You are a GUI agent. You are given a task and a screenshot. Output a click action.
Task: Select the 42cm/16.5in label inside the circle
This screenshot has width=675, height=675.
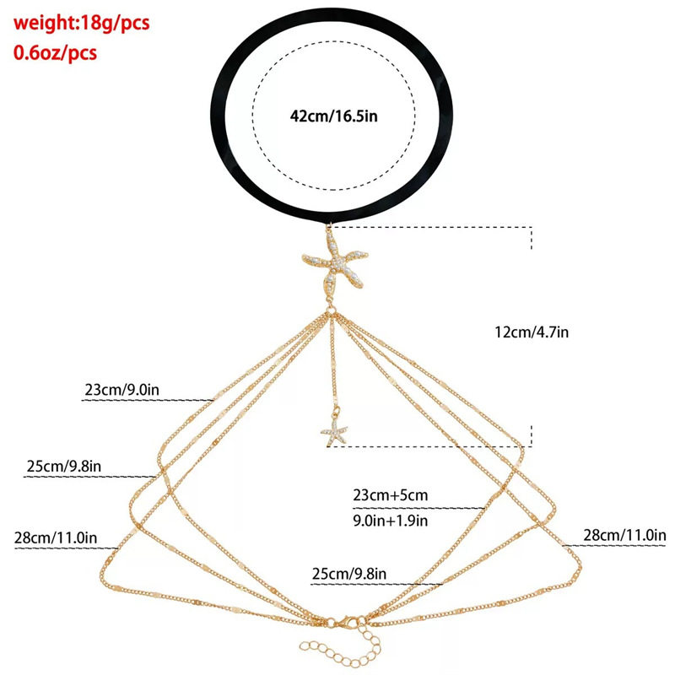click(x=333, y=116)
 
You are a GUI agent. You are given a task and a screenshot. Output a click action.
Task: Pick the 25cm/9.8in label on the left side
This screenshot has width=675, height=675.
click(x=66, y=466)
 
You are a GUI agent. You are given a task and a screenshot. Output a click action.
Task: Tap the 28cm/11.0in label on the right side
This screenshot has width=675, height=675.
click(x=624, y=535)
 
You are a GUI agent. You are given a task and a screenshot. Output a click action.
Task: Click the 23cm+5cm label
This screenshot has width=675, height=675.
click(x=391, y=495)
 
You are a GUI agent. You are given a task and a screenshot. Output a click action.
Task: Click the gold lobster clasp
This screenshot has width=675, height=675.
click(x=346, y=625)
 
